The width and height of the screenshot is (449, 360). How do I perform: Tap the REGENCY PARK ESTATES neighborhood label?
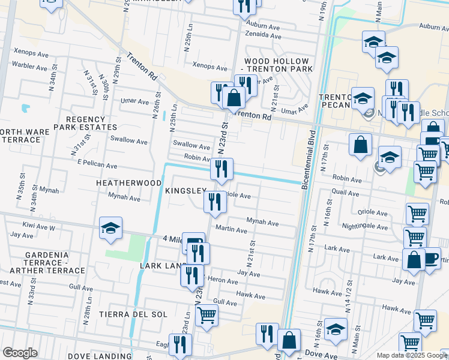pyautogui.click(x=86, y=124)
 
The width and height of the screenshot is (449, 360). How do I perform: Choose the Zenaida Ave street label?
pyautogui.click(x=263, y=37)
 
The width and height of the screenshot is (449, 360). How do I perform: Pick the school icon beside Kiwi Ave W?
pyautogui.click(x=111, y=228)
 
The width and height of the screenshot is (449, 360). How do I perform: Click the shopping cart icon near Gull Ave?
pyautogui.click(x=206, y=314)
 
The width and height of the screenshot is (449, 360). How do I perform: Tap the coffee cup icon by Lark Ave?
pyautogui.click(x=430, y=259)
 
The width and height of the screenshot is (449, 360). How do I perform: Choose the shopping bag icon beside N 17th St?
pyautogui.click(x=360, y=145)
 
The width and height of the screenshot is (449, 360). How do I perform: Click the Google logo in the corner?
pyautogui.click(x=20, y=353)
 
